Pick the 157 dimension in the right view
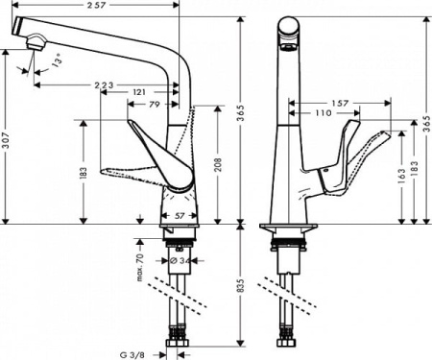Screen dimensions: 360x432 (x=341, y=103)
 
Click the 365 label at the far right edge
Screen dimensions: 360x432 (x=425, y=115)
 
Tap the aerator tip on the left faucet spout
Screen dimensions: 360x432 (x=34, y=40)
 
